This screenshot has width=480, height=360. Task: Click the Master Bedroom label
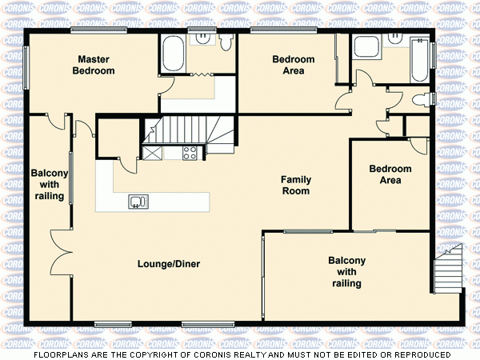click(x=94, y=65)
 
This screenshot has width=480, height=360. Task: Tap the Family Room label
click(x=295, y=186)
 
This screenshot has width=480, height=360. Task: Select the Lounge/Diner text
click(x=168, y=264)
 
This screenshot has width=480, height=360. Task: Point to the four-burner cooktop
click(x=190, y=152)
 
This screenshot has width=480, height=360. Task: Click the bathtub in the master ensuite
click(x=173, y=54)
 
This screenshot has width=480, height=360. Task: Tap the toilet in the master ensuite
click(x=226, y=40)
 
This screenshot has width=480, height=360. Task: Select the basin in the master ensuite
click(x=202, y=36)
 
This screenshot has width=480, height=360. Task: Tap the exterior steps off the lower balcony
click(x=448, y=272)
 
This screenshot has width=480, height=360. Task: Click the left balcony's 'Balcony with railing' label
click(x=48, y=185)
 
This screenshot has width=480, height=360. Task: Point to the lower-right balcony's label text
click(x=346, y=272)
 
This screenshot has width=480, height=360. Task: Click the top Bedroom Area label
click(x=293, y=65)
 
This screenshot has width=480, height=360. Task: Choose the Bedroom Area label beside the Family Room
click(x=390, y=174)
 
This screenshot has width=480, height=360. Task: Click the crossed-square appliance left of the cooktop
click(x=151, y=152)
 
